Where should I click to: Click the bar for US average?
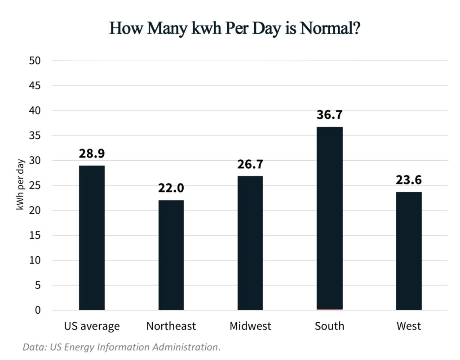point(92,238)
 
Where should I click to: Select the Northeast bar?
point(171,255)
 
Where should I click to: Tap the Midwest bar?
point(250,243)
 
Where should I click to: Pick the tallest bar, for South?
point(329,219)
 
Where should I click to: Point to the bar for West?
point(409,251)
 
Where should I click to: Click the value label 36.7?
point(329,115)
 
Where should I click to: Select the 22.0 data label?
point(171,188)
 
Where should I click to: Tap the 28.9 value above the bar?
point(92,154)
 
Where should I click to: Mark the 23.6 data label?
point(409,180)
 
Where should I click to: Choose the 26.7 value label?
point(250,164)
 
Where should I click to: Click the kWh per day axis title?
point(20,185)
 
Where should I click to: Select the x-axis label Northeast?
point(171,326)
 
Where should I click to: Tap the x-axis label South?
point(329,326)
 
